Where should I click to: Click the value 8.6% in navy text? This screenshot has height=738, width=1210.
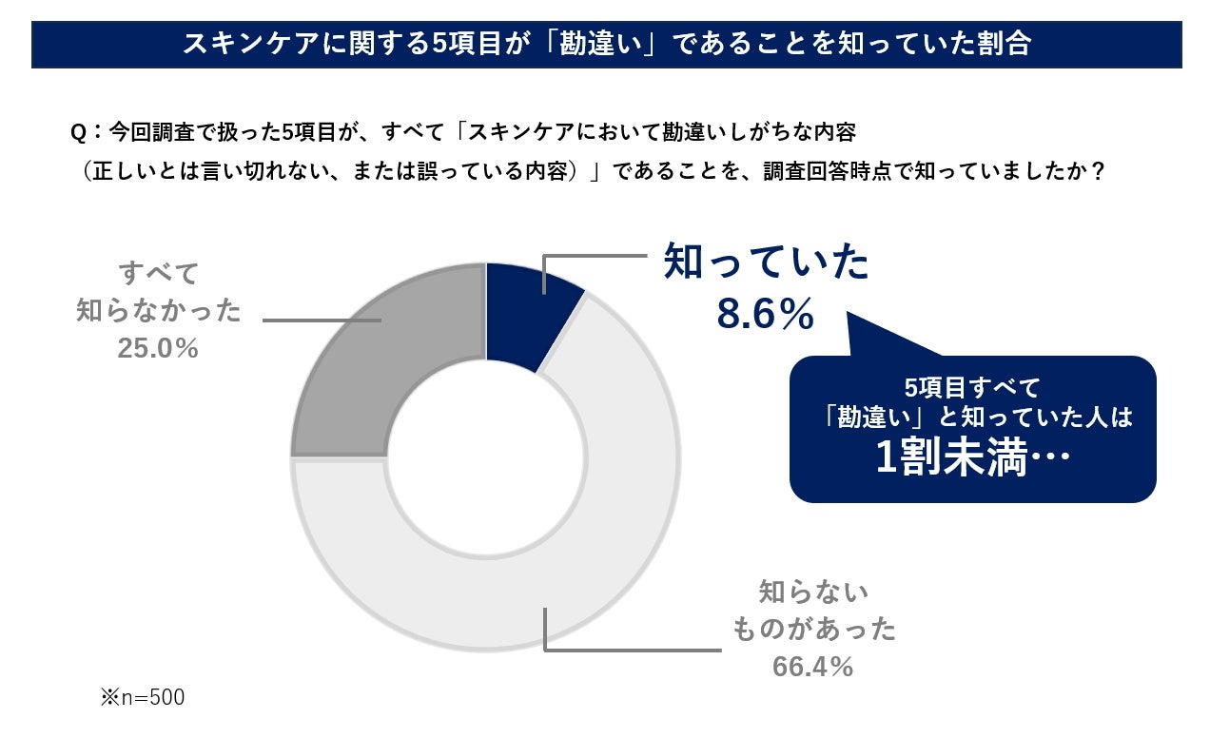click(766, 315)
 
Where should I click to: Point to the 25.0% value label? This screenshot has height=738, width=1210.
click(158, 349)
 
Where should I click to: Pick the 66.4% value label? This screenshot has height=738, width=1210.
click(812, 667)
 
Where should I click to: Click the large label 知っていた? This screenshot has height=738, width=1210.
click(767, 262)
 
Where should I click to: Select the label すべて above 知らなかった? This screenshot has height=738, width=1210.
click(159, 273)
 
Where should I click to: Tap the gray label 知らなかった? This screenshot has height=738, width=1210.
click(159, 311)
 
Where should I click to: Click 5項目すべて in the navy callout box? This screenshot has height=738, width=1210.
click(972, 388)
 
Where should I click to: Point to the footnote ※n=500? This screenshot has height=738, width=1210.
click(143, 698)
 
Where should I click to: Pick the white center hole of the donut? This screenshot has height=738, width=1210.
click(485, 457)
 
